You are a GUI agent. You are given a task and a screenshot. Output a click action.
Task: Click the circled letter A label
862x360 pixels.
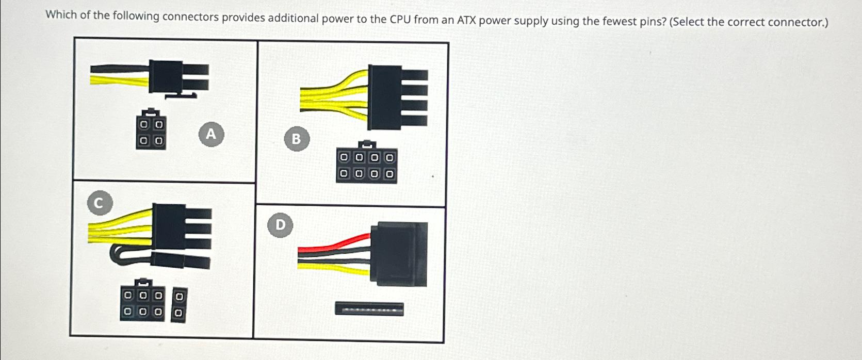point(211,134)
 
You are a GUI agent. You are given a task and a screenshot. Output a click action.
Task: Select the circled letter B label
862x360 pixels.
point(296,139)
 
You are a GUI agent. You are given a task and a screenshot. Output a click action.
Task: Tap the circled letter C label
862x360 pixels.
point(100,203)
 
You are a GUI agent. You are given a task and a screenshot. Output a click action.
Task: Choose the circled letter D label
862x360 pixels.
point(280,225)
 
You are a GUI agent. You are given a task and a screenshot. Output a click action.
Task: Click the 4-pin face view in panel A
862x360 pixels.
point(151,132)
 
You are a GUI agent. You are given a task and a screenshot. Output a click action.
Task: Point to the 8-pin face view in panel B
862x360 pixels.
point(367,165)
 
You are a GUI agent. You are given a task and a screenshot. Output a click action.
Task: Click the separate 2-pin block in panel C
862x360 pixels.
point(178,305)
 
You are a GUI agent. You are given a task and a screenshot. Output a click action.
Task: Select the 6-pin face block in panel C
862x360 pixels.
point(143,303)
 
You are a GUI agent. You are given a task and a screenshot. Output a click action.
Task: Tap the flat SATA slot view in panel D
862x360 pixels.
point(369,309)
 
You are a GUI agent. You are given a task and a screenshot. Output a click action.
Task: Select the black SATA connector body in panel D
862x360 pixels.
point(402,254)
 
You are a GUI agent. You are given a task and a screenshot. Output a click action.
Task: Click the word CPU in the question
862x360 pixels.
point(400,20)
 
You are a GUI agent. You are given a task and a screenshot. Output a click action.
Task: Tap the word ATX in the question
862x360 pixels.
point(467,21)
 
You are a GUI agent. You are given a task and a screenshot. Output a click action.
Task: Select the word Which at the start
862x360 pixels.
point(60,14)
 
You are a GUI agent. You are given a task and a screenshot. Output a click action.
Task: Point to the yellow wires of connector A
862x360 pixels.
point(119,78)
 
